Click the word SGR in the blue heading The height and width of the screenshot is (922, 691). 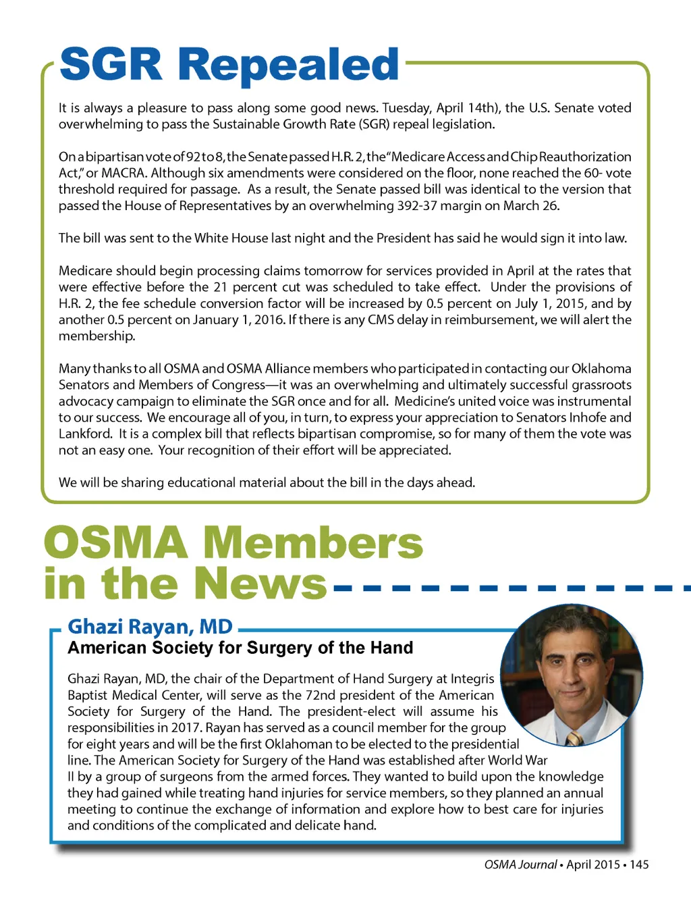coord(111,65)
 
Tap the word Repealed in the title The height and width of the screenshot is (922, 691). coord(289,66)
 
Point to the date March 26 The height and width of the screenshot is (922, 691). coord(531,205)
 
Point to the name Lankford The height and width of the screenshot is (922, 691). coord(85,434)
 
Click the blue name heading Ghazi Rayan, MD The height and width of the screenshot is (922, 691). coord(150,626)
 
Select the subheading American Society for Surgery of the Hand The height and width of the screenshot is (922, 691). coord(240,648)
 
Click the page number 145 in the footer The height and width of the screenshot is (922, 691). coord(639,865)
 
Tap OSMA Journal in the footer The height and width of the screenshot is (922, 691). coord(520,865)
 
